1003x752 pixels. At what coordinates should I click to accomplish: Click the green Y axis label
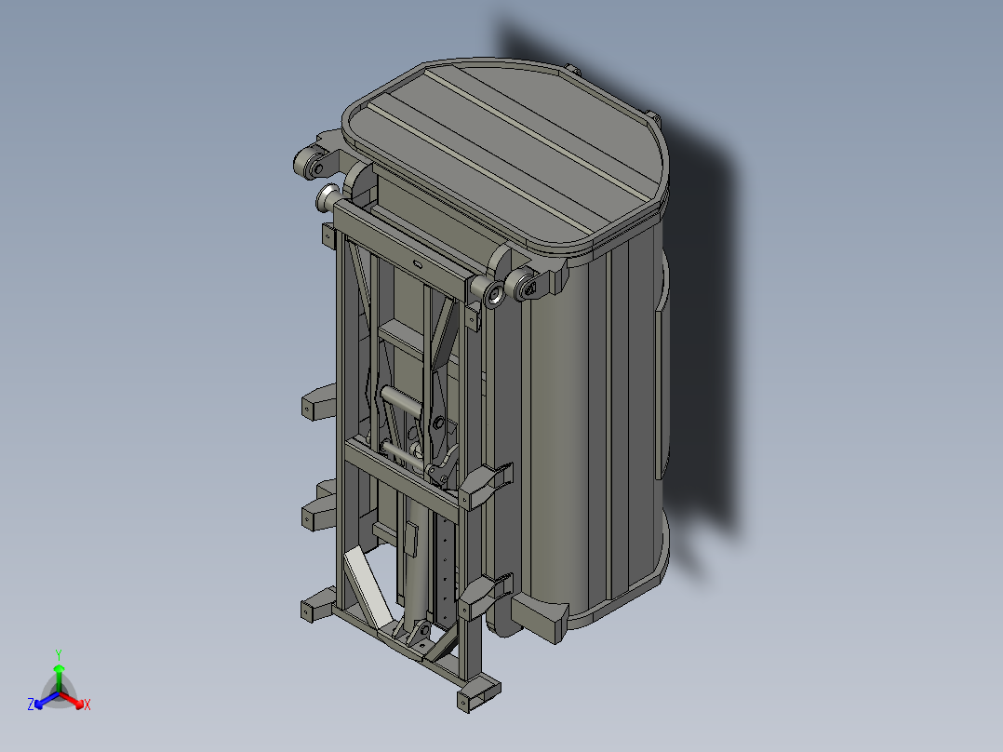(58, 653)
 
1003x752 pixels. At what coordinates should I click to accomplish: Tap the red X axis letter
(87, 705)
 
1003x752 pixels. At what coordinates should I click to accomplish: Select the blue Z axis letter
(31, 705)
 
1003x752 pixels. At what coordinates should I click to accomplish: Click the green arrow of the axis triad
(58, 675)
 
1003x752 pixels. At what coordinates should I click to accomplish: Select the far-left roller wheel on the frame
(306, 166)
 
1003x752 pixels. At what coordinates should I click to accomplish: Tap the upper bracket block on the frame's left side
(319, 402)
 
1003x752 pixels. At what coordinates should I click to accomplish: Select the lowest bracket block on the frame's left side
(316, 606)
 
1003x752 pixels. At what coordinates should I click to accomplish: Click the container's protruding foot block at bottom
(542, 617)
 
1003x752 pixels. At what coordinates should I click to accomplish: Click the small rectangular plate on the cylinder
(411, 539)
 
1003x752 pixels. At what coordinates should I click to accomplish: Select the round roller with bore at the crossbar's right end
(493, 294)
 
